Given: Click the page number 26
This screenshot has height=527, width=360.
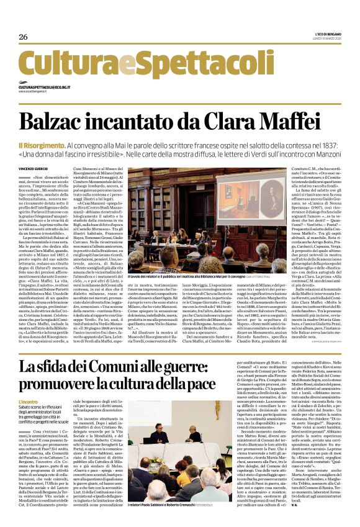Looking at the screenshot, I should [x=24, y=37].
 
